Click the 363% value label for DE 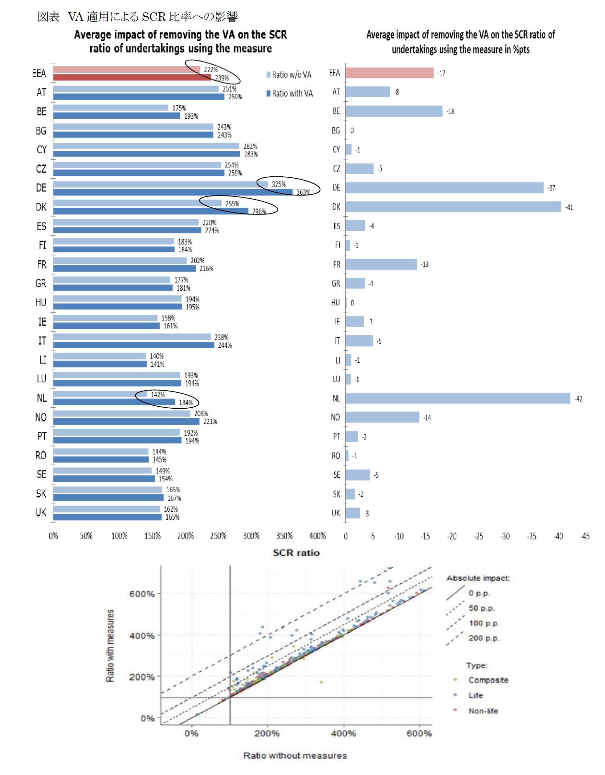pos(303,192)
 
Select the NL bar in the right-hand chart pos(457,398)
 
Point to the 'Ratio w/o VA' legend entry pos(289,74)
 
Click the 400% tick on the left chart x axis pos(317,536)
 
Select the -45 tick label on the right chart pos(585,536)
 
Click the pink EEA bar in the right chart pos(389,73)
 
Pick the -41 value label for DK pos(569,207)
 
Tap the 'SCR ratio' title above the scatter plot pos(296,553)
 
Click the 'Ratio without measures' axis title pos(295,756)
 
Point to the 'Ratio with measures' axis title pos(110,645)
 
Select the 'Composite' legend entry pos(488,680)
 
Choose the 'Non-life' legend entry pos(483,711)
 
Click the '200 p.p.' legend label pos(484,638)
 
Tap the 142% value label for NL pos(158,395)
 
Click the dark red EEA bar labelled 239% pos(132,77)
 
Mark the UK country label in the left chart pos(41,512)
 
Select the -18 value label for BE pos(450,112)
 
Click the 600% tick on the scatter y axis pos(142,594)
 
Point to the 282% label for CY pos(250,146)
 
